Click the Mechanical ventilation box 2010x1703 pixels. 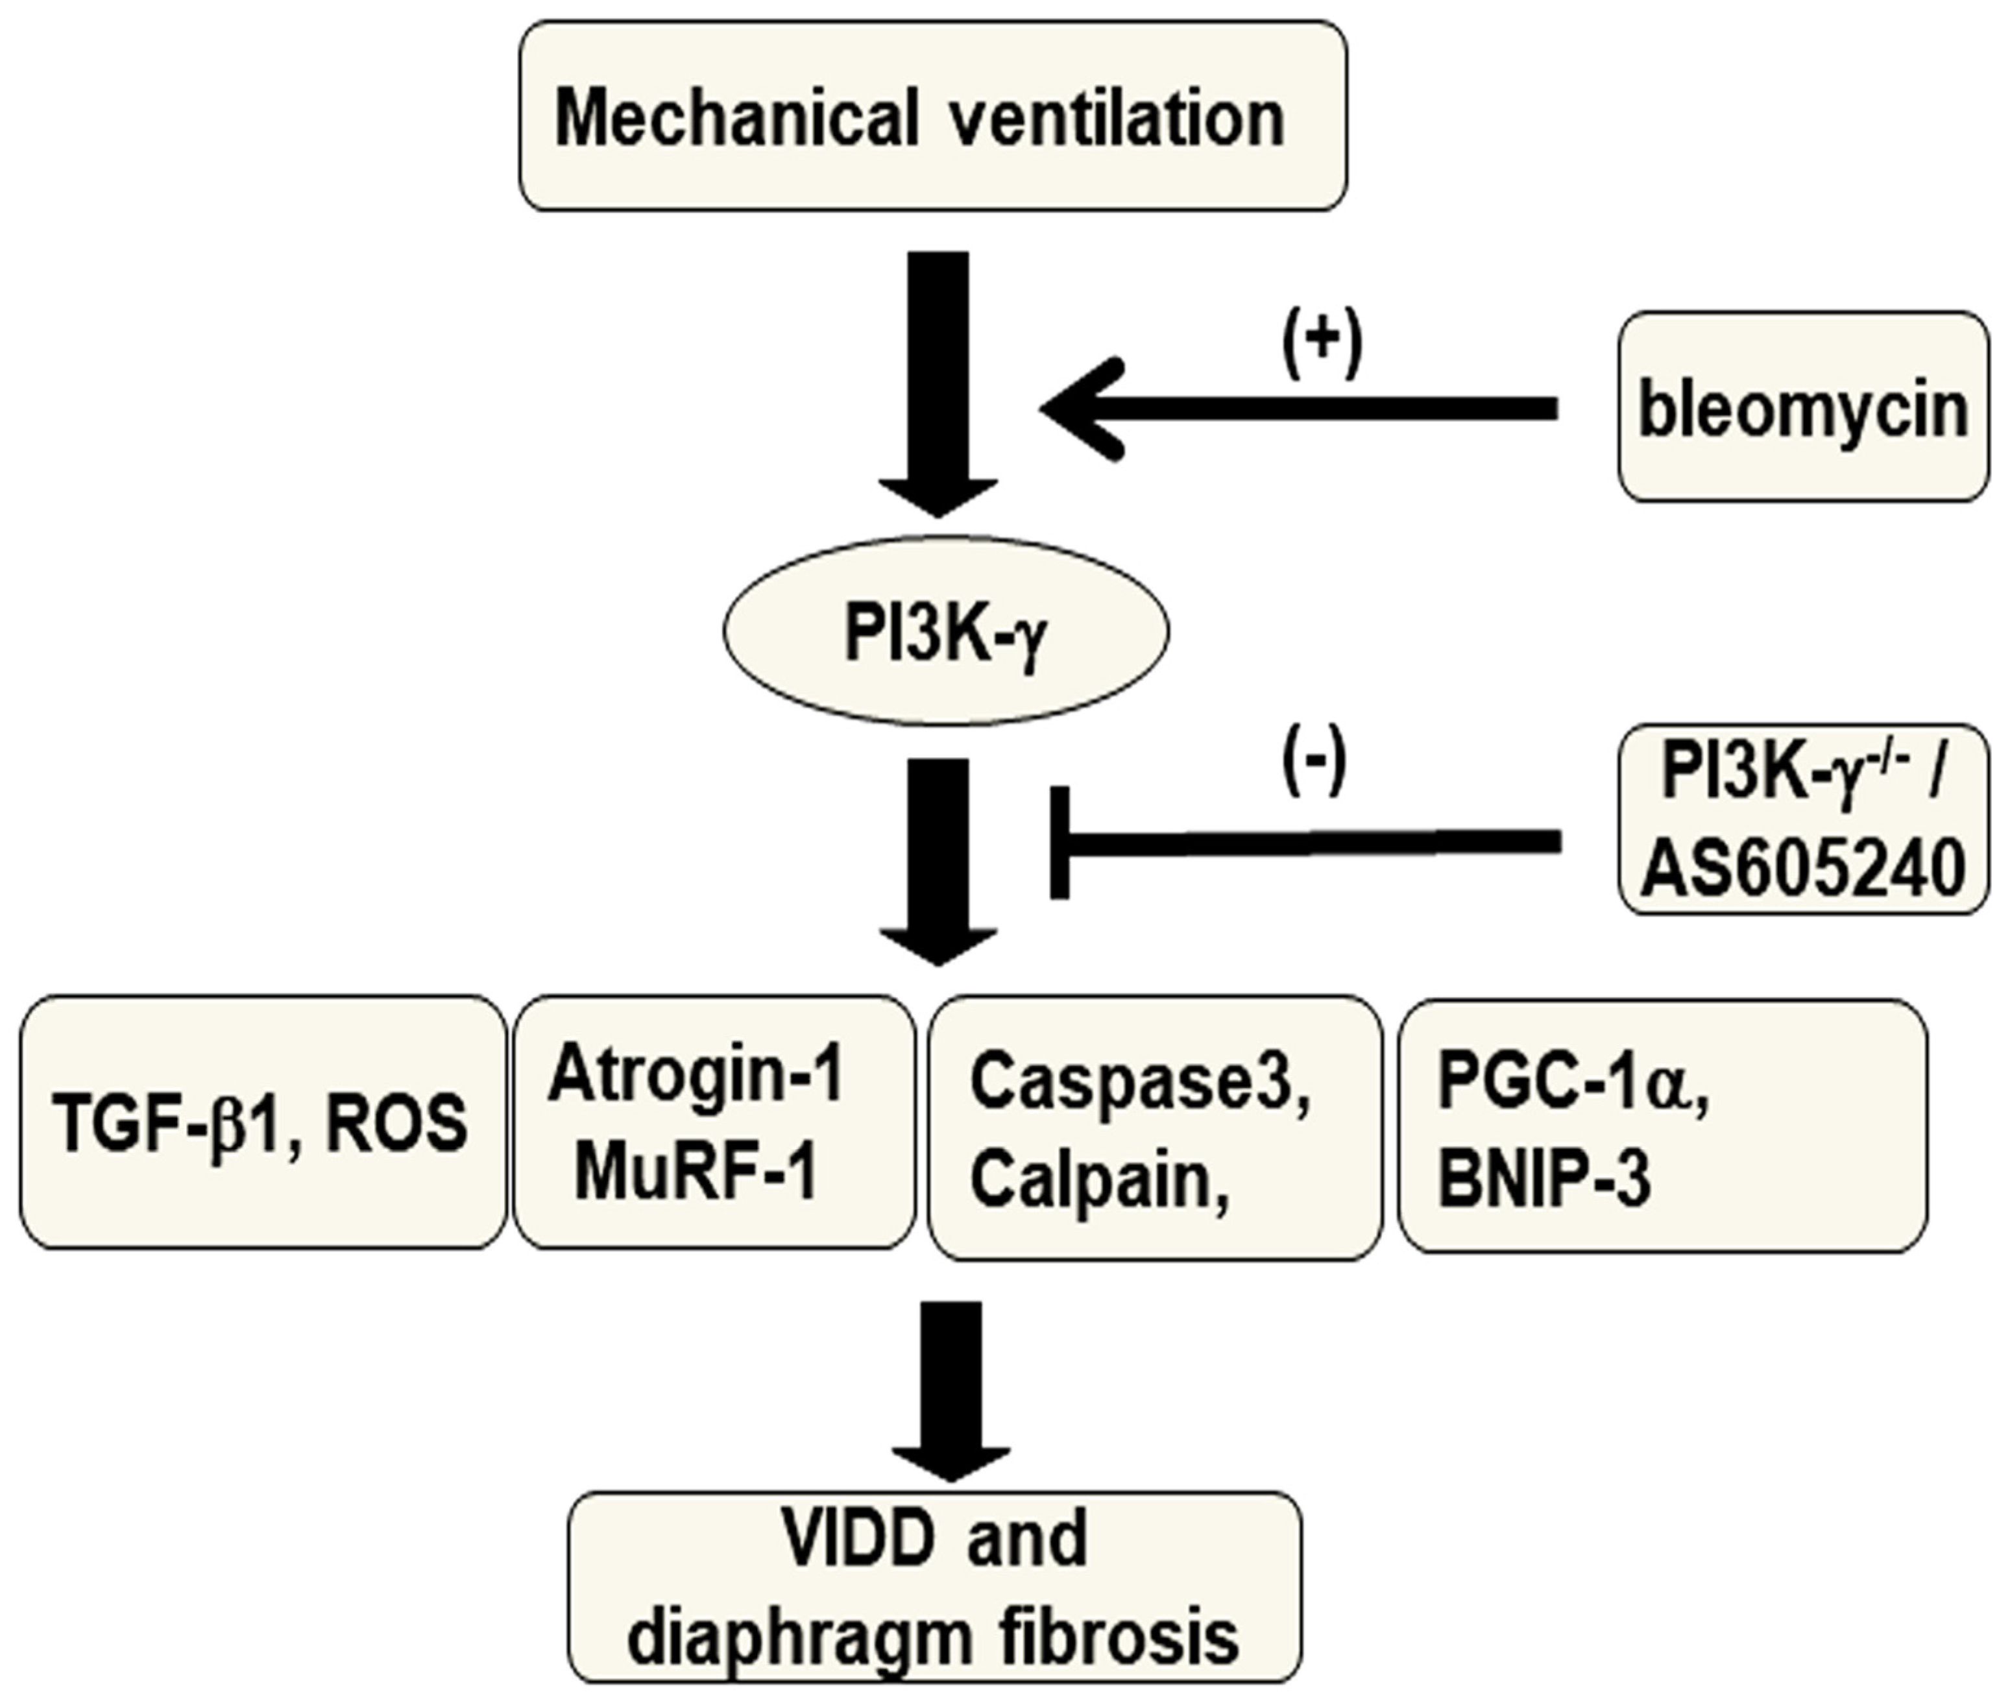[x=932, y=116]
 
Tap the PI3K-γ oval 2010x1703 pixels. [x=946, y=631]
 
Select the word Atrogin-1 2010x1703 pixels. [x=695, y=1074]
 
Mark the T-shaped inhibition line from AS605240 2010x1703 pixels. [x=1303, y=843]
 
